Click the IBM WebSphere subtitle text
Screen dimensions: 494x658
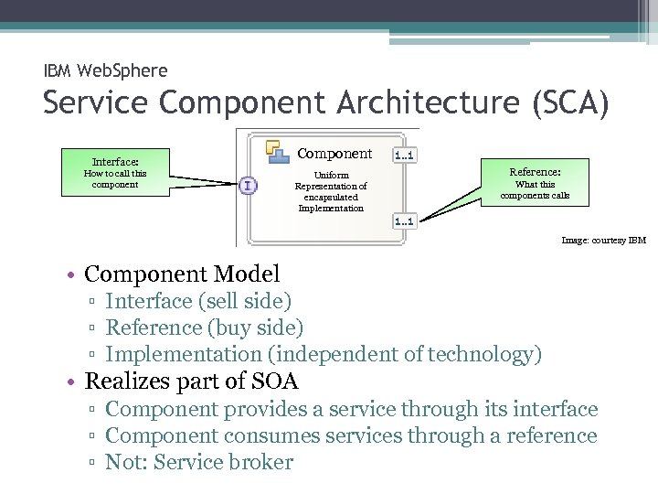point(105,70)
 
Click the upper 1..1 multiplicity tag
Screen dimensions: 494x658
point(404,155)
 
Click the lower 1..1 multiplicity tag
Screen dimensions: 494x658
point(404,220)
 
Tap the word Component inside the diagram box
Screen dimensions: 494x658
point(335,154)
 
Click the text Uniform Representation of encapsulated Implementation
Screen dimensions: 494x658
point(331,191)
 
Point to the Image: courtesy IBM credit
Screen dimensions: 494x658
point(603,241)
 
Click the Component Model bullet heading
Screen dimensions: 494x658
point(182,274)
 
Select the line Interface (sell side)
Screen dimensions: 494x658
point(198,301)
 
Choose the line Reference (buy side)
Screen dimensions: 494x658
point(205,327)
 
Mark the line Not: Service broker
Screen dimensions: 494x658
point(199,462)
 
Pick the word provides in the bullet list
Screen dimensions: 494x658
point(269,409)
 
